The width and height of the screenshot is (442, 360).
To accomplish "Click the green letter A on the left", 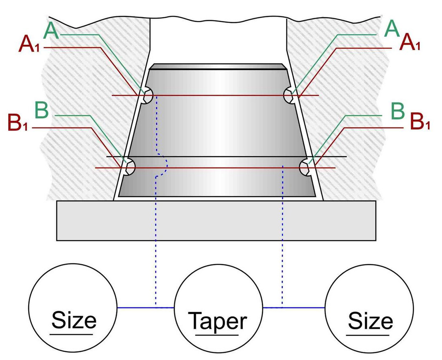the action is click(52, 31).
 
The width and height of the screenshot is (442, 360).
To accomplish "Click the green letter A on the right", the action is click(392, 29).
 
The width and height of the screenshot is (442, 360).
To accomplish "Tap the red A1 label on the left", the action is click(29, 45).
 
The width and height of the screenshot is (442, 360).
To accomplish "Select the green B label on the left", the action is click(42, 110).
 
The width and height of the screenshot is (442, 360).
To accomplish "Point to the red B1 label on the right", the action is click(420, 122).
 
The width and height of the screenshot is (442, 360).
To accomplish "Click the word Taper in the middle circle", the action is click(218, 321).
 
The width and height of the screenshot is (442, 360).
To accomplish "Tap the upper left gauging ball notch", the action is click(148, 96).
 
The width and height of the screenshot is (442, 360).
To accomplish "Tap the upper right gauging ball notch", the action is click(289, 95).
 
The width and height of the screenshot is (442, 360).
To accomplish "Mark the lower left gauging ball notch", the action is click(130, 167).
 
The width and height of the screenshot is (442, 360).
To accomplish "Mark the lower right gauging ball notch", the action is click(305, 167).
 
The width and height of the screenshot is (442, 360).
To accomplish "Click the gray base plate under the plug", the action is click(216, 220).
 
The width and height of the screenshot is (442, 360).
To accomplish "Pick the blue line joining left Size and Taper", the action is click(145, 308).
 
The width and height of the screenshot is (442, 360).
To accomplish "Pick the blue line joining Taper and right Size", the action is click(294, 308).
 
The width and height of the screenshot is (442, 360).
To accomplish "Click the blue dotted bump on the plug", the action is click(165, 164).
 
